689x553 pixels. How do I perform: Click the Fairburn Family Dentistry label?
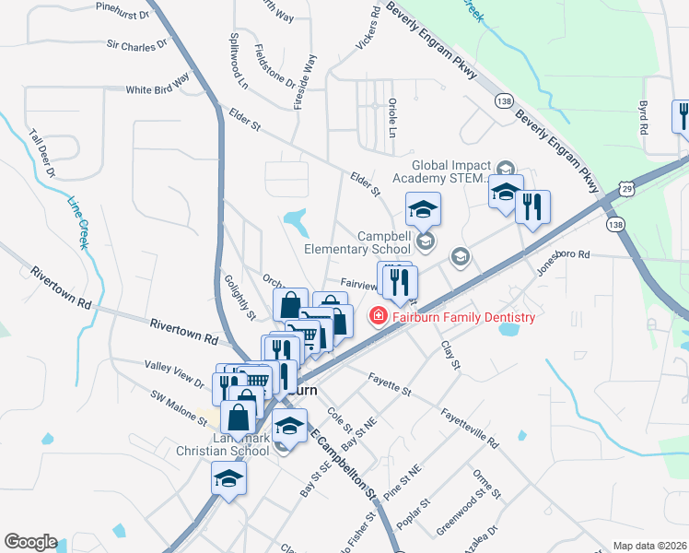tap(463, 318)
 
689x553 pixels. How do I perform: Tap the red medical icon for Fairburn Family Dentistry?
tap(377, 317)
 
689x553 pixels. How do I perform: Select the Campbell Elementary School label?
tap(357, 241)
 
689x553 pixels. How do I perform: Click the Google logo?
tap(30, 542)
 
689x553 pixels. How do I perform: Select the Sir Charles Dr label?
tap(136, 43)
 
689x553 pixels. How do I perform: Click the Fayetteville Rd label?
tap(469, 428)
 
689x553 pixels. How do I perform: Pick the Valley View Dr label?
tap(174, 373)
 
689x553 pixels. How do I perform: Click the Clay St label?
tap(450, 355)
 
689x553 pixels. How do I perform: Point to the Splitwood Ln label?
tap(238, 63)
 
